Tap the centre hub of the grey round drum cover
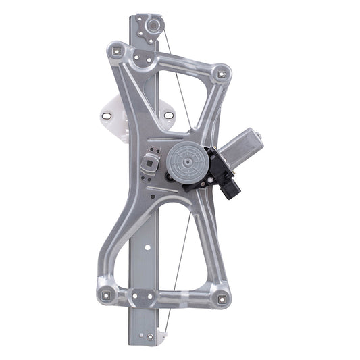tap(184, 161)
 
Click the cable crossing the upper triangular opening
tap(174, 81)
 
